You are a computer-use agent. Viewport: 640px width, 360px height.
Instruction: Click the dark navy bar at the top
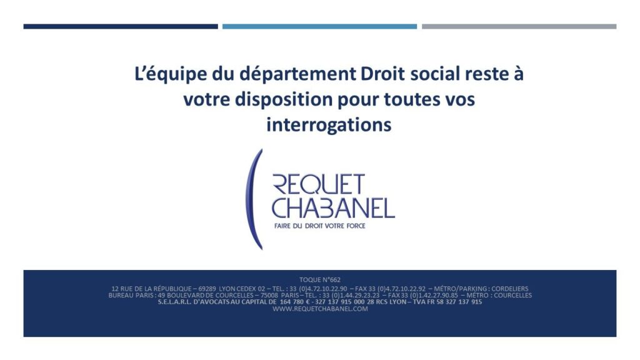[121, 26]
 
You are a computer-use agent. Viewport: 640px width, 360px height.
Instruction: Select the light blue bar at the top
[319, 26]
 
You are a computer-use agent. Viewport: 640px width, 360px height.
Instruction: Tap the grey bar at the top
[519, 26]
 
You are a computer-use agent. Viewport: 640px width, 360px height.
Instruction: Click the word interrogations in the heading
[329, 125]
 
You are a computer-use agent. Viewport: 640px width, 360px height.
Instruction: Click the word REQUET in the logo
[318, 184]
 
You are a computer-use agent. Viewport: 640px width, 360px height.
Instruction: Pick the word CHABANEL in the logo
[334, 208]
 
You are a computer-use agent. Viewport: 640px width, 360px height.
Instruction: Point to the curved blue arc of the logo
[249, 199]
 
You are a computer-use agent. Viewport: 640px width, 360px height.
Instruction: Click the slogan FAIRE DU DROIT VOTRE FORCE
[319, 226]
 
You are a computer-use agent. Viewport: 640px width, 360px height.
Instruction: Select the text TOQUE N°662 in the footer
[320, 279]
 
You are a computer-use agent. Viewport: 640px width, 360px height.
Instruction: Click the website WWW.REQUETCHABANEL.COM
[320, 309]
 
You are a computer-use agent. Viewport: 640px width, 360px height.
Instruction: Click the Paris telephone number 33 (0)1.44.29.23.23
[351, 295]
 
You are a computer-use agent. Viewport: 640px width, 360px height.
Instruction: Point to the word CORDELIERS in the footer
[510, 289]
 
